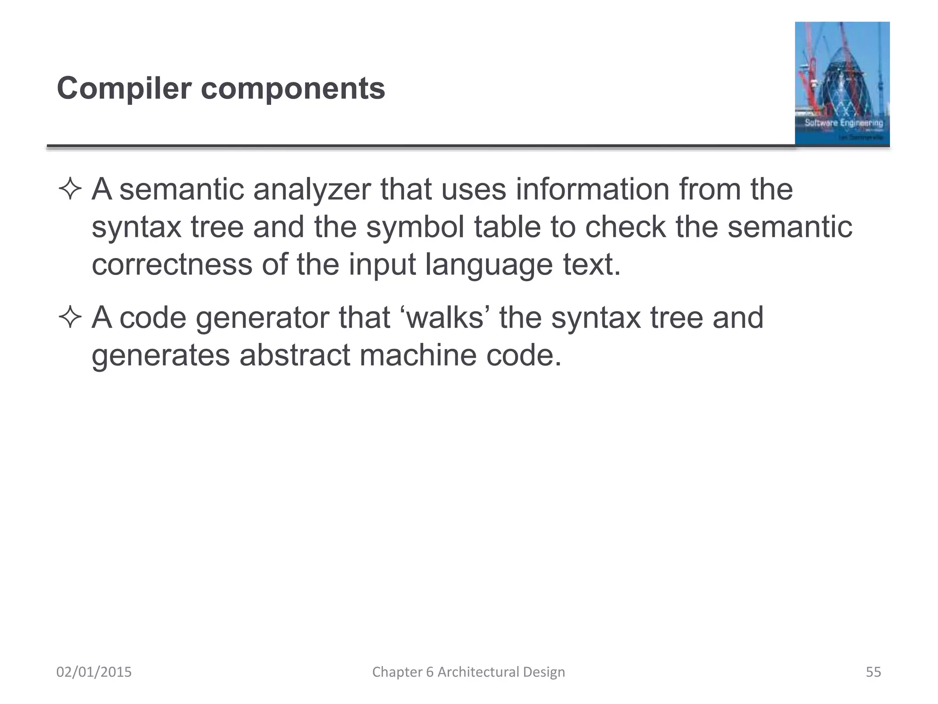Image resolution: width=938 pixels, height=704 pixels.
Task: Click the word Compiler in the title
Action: coord(124,89)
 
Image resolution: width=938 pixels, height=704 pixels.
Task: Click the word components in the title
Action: coord(293,89)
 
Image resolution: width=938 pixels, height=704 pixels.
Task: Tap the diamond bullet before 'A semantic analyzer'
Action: coord(70,189)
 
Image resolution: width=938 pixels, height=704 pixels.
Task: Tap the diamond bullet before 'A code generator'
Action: coord(70,318)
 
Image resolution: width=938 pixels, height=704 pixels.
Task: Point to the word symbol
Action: coord(415,227)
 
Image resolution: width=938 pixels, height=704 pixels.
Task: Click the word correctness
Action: coord(172,264)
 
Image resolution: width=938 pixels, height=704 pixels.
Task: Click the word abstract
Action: coord(294,355)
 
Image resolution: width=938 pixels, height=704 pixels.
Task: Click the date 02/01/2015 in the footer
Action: coord(94,672)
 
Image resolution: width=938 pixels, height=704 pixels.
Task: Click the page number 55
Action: coord(873,672)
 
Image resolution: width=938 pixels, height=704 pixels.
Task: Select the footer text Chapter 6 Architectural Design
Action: coord(469,672)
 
